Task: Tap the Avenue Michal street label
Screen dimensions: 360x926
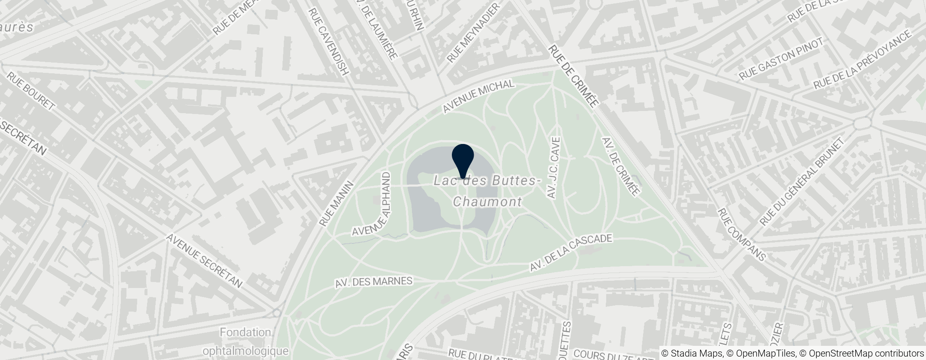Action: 478,96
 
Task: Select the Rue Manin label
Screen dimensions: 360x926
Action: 337,203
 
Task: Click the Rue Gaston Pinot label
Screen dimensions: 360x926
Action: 781,60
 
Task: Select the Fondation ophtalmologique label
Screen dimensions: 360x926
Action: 246,342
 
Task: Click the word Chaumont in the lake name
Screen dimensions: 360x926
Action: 487,201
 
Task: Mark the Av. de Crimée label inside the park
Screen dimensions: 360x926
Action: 620,167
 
